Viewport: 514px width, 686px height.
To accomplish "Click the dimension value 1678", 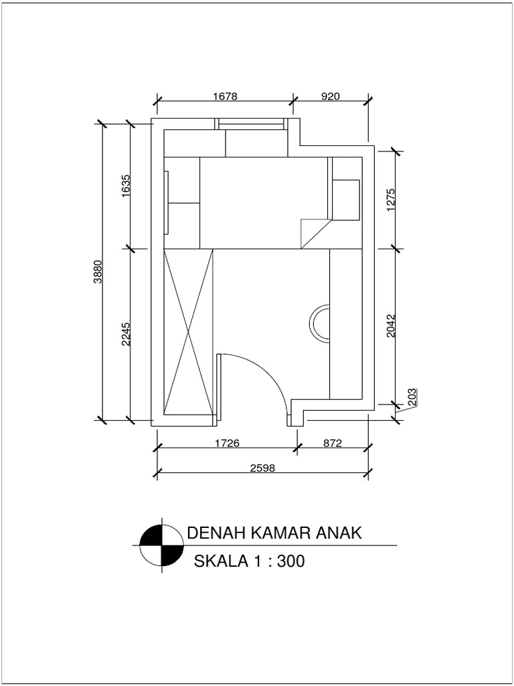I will click(x=226, y=96).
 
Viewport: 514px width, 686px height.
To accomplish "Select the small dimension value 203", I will click(x=412, y=397).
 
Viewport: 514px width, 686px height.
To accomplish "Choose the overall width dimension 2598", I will click(x=263, y=468).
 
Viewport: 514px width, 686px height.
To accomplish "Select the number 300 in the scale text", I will click(x=289, y=561).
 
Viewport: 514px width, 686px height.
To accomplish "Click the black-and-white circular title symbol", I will click(x=162, y=544).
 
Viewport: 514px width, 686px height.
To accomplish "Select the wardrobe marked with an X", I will click(x=188, y=332).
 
